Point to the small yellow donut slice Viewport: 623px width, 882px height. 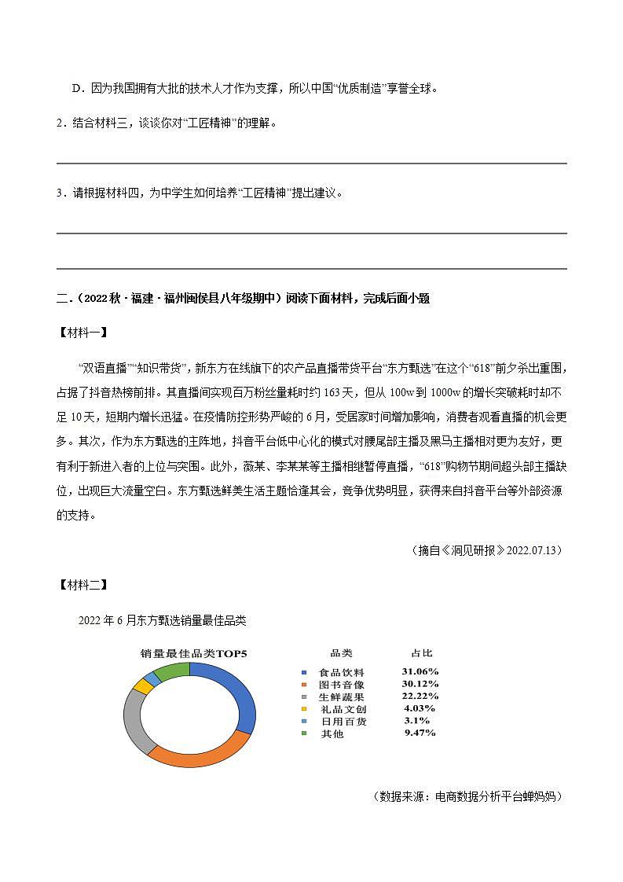coord(142,686)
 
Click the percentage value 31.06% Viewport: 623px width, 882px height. coord(420,672)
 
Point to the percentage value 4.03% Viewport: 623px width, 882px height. coord(420,708)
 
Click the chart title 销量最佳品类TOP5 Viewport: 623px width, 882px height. coord(193,653)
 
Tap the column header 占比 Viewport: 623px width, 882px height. coord(422,653)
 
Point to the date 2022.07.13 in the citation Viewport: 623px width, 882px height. coord(533,550)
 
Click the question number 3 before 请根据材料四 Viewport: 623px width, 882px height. coord(60,193)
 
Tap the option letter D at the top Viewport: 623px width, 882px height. coord(77,88)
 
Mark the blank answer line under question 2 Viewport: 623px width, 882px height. coord(311,164)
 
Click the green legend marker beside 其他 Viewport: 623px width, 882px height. coord(304,733)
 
